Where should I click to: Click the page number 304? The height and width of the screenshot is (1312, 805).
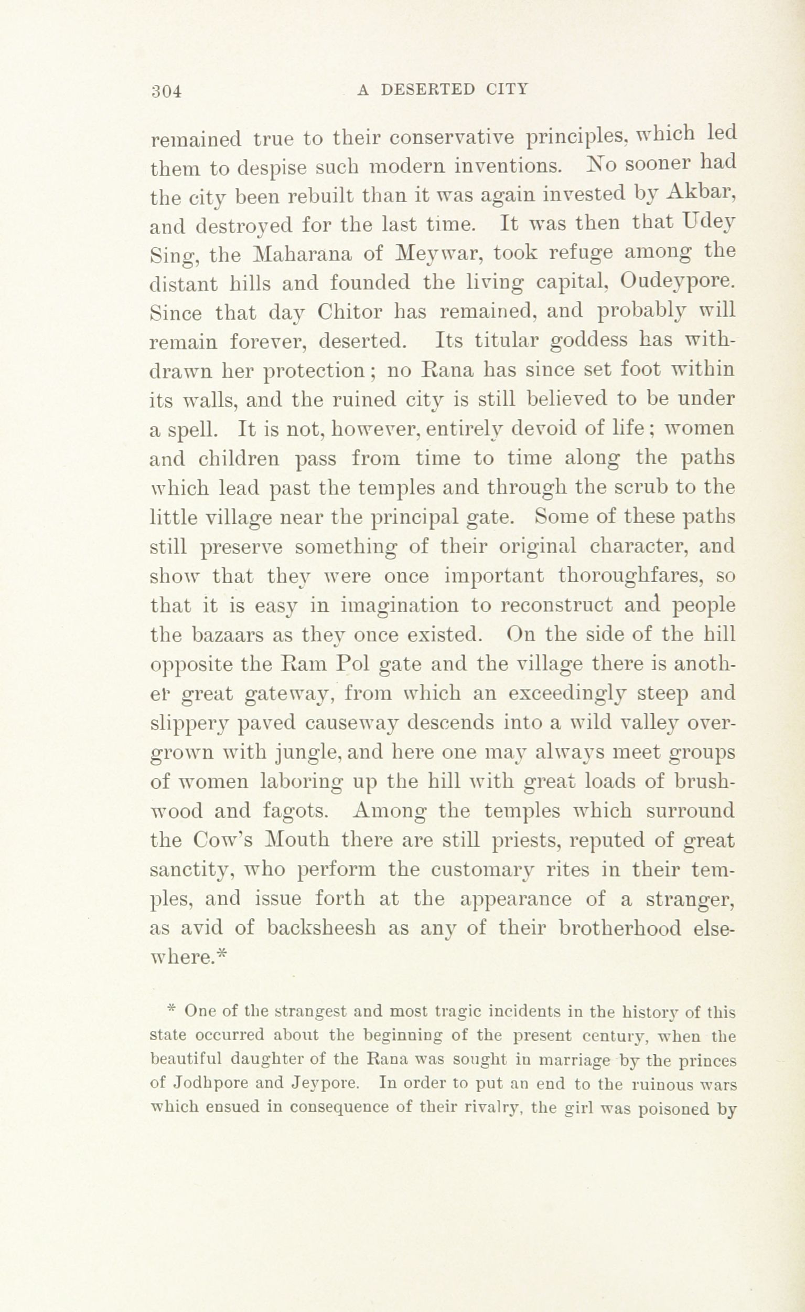point(167,91)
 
